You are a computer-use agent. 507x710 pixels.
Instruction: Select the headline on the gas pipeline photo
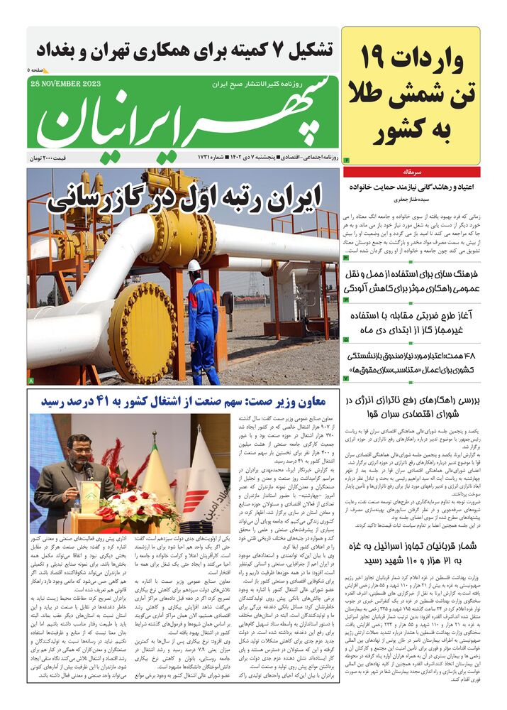coord(184,197)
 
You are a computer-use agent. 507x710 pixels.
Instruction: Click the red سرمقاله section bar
coord(411,172)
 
